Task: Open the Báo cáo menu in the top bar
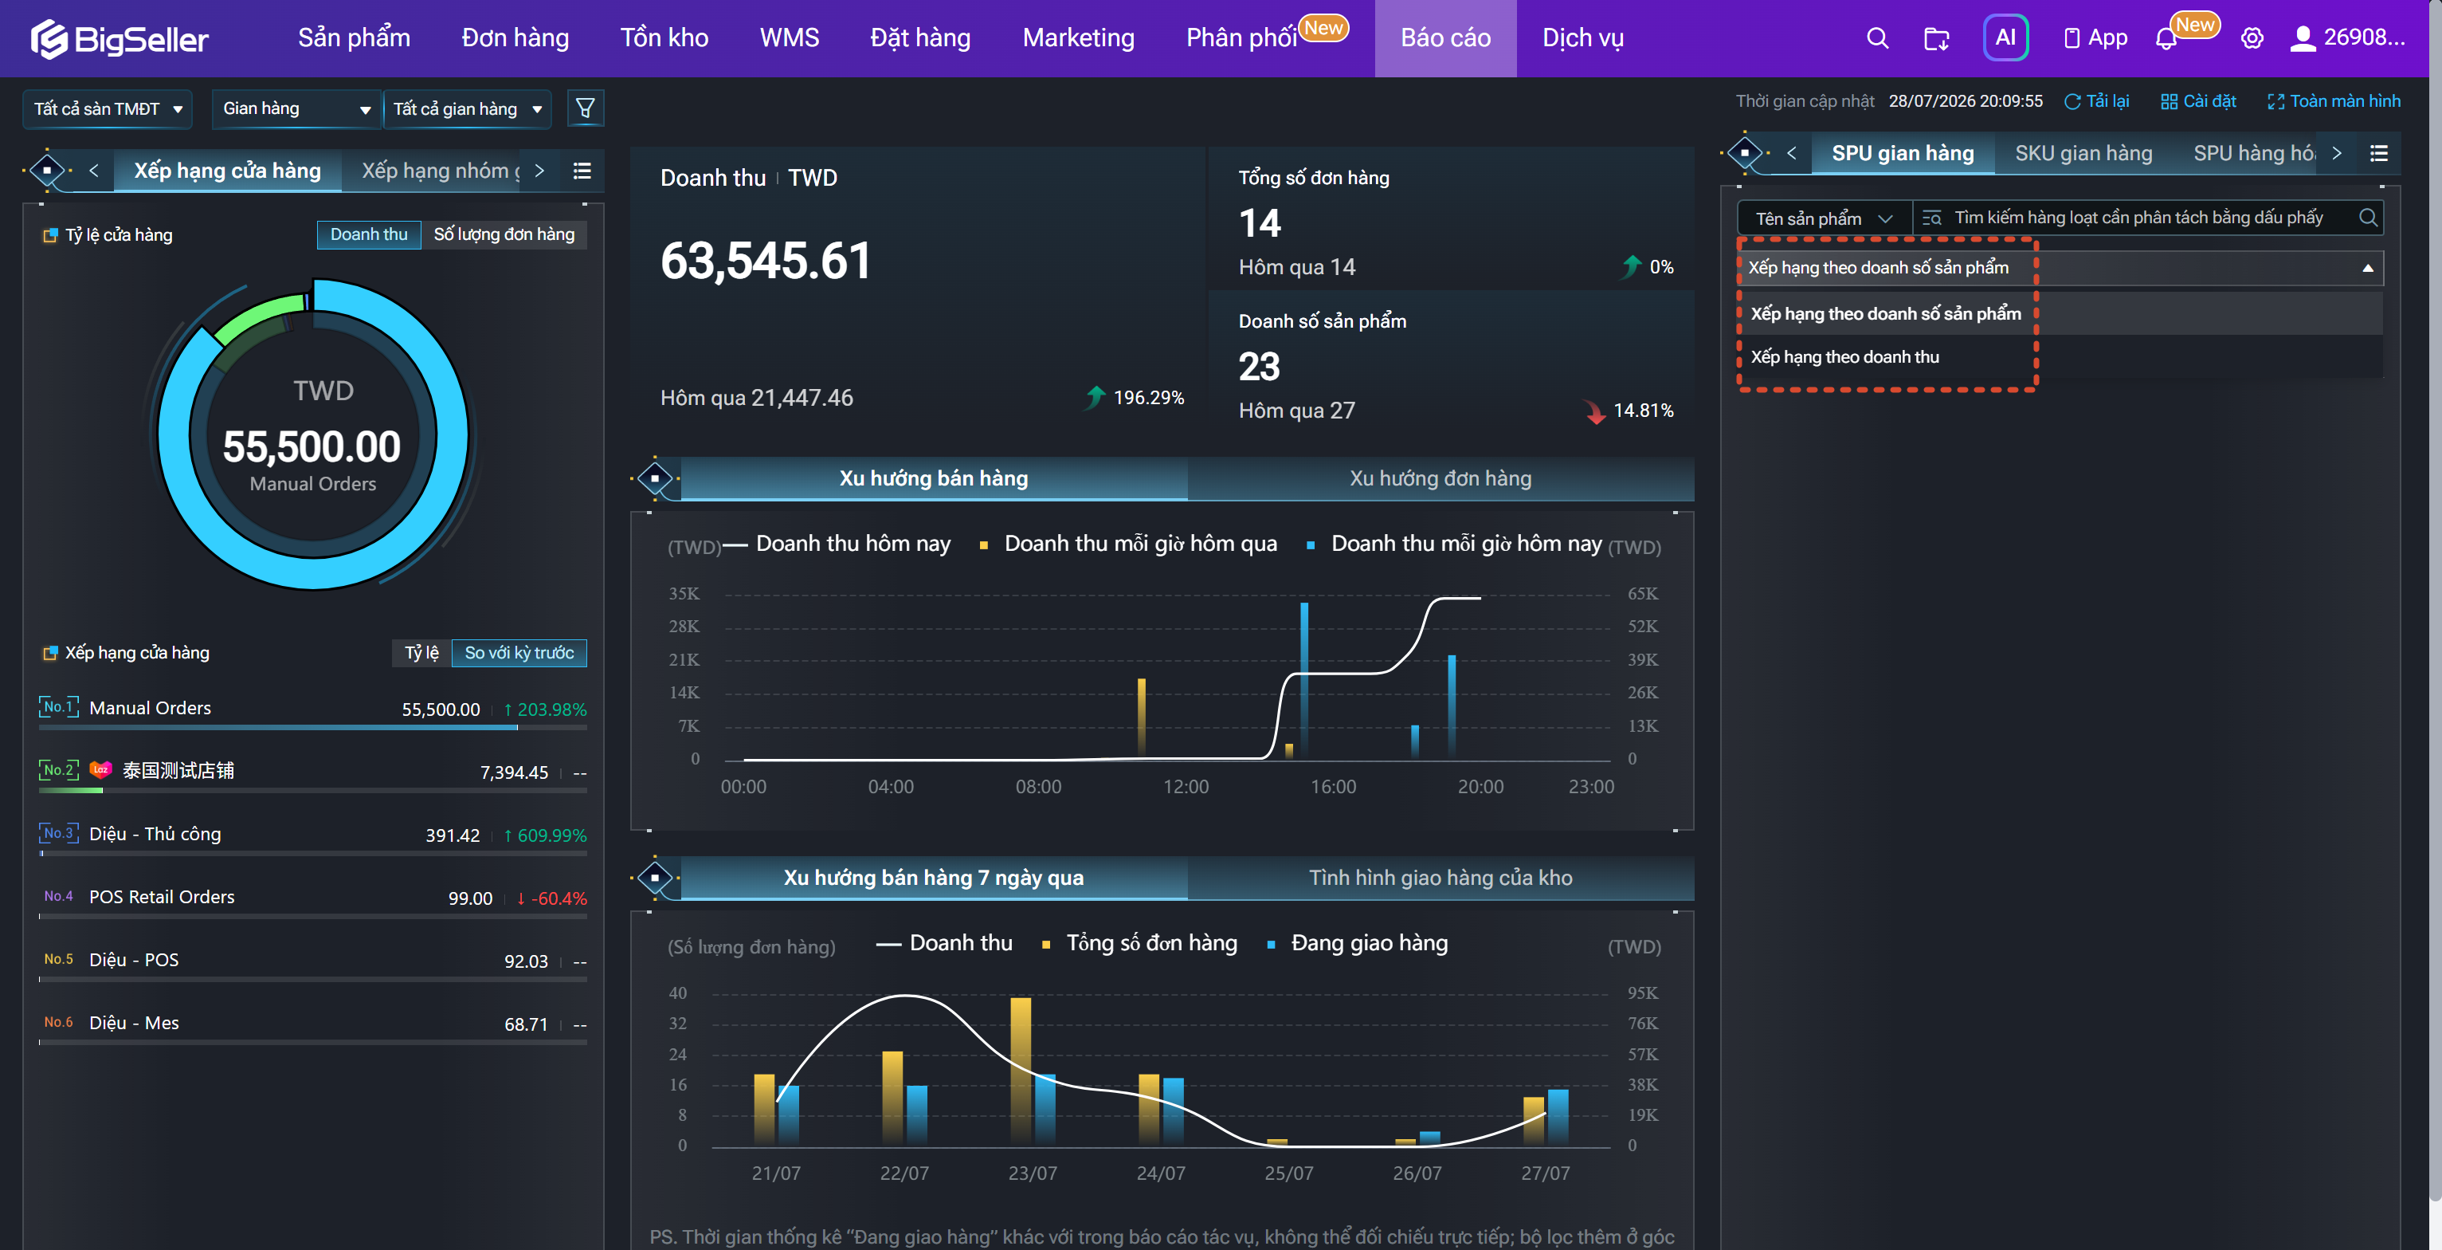[x=1444, y=38]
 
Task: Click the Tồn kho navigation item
[x=664, y=38]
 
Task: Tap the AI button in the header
[x=2005, y=38]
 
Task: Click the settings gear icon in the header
[x=2252, y=38]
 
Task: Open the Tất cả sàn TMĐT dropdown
[x=107, y=109]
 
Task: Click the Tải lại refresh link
[x=2096, y=101]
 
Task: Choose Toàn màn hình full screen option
[x=2333, y=101]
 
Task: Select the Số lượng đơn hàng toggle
[x=504, y=234]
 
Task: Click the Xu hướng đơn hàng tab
[x=1440, y=478]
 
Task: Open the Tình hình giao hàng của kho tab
[x=1440, y=877]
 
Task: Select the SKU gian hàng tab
[x=2083, y=154]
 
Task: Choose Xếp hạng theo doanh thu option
[x=1844, y=356]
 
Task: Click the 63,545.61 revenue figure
[x=765, y=261]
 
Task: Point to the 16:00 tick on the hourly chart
[x=1333, y=787]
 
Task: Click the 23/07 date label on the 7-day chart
[x=1033, y=1173]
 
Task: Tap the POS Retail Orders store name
[x=161, y=897]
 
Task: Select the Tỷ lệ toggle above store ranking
[x=421, y=653]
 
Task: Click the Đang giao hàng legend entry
[x=1358, y=943]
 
